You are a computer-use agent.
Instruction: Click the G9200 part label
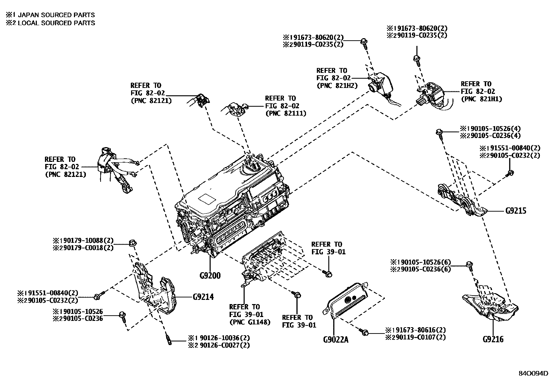(210, 275)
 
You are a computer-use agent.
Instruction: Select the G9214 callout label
(203, 297)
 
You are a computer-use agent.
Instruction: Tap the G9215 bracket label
(516, 211)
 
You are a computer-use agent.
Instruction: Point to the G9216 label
(493, 339)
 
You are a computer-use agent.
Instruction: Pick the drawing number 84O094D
(533, 373)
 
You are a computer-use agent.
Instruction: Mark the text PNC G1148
(250, 322)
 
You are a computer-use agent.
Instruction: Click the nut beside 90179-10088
(132, 242)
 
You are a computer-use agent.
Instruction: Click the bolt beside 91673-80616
(365, 332)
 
